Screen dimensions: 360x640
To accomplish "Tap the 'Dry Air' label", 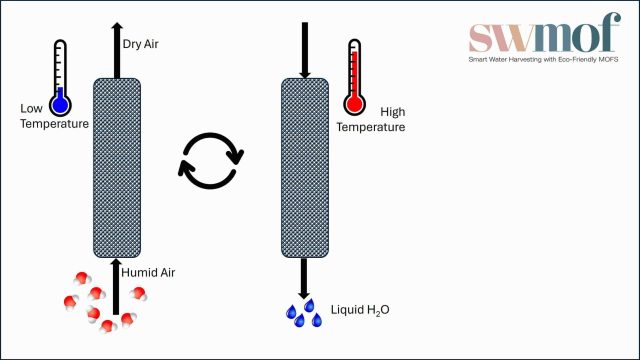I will pos(140,44).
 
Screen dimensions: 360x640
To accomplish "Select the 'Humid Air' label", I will pos(149,271).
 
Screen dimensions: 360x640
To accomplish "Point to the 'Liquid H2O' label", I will pos(361,310).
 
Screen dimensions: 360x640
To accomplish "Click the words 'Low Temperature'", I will pos(56,116).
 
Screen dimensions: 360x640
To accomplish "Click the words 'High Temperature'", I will pos(370,120).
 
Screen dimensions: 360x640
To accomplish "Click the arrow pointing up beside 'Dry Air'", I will pos(117,48).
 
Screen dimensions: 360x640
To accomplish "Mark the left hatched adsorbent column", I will pos(117,165).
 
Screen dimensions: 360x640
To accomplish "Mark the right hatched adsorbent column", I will pos(305,165).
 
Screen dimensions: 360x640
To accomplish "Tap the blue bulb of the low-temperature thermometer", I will pos(61,103).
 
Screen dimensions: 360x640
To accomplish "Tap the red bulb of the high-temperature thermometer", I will pos(353,103).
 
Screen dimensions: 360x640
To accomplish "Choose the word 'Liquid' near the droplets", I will pos(346,310).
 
